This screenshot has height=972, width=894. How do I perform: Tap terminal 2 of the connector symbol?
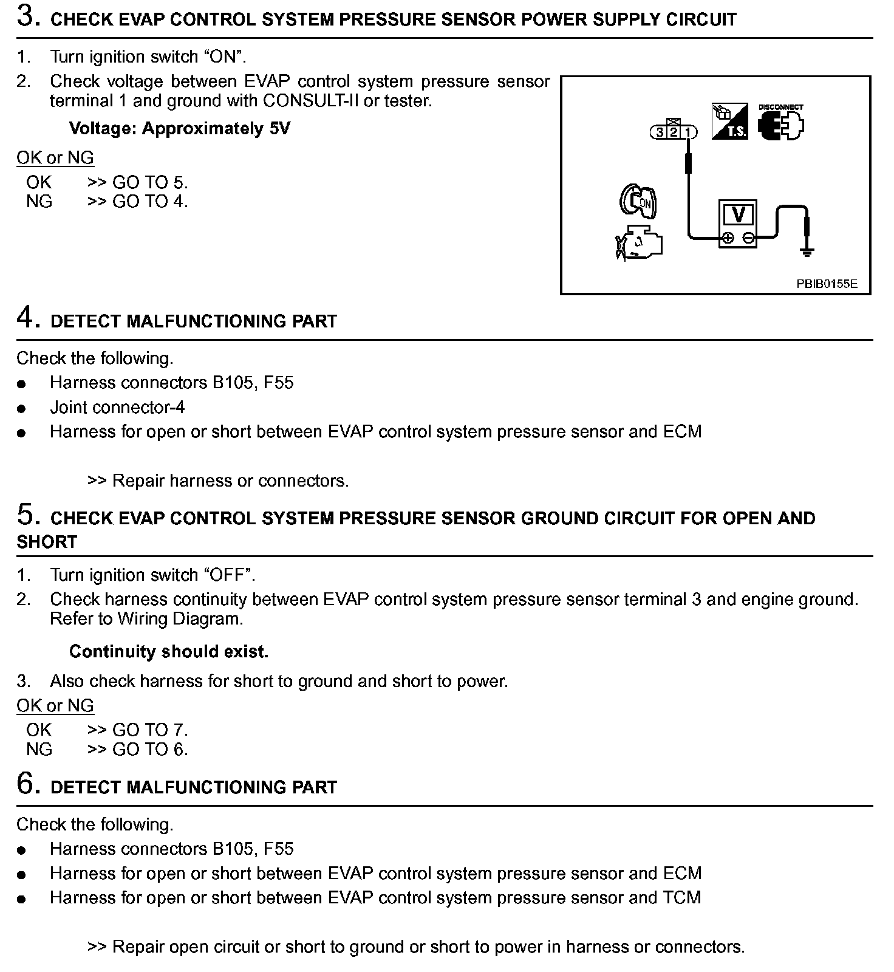pyautogui.click(x=674, y=132)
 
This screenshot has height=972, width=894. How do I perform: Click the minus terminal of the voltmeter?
pyautogui.click(x=749, y=238)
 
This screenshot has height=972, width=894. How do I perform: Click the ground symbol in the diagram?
pyautogui.click(x=807, y=251)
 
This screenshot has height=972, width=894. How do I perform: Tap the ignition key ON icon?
pyautogui.click(x=638, y=201)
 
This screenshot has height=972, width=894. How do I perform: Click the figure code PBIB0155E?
pyautogui.click(x=827, y=284)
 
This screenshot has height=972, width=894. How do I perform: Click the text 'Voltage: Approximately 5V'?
pyautogui.click(x=179, y=129)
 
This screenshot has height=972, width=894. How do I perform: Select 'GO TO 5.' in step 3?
pyautogui.click(x=150, y=182)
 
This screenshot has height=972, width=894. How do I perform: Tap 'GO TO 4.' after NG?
pyautogui.click(x=150, y=202)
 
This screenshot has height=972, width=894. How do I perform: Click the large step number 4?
pyautogui.click(x=28, y=318)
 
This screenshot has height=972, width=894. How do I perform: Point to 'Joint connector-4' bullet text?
pyautogui.click(x=117, y=407)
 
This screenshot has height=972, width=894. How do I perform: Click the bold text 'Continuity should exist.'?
pyautogui.click(x=169, y=652)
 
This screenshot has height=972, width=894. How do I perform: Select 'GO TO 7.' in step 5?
pyautogui.click(x=150, y=730)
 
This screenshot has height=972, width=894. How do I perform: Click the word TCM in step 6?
pyautogui.click(x=682, y=898)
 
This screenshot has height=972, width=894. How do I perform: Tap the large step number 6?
pyautogui.click(x=28, y=784)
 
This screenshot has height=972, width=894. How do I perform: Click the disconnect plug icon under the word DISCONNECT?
pyautogui.click(x=781, y=126)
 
